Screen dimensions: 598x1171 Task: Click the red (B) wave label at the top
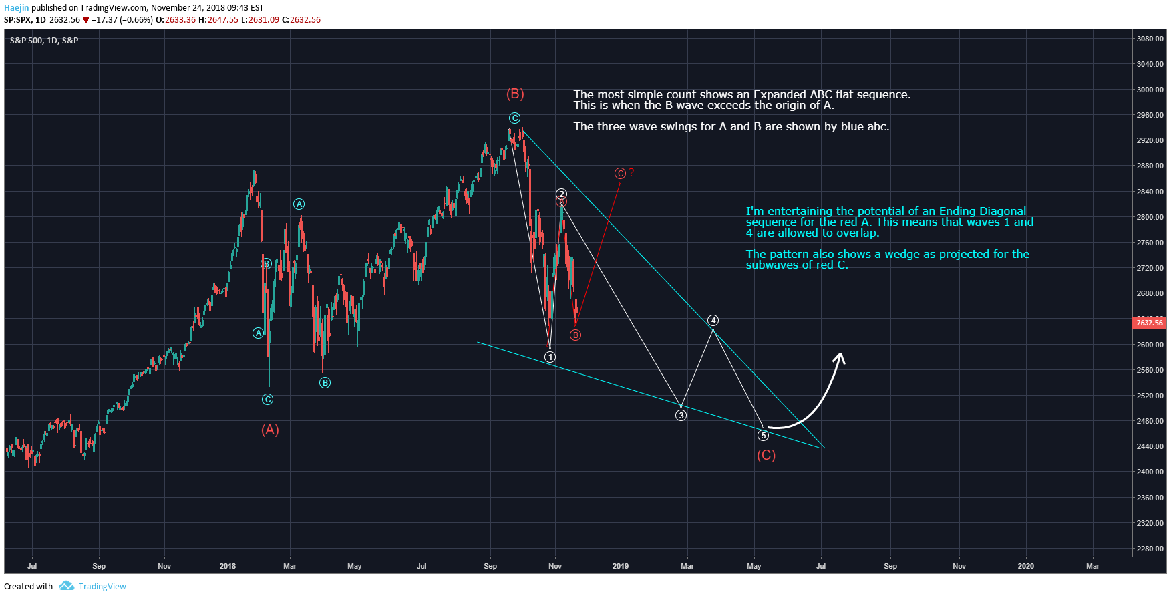pyautogui.click(x=515, y=94)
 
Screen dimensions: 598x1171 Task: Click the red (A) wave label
pyautogui.click(x=270, y=430)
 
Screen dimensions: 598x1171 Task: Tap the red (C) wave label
pyautogui.click(x=766, y=456)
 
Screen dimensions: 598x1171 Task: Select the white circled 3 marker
pyautogui.click(x=681, y=416)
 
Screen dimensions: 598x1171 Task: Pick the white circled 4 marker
pyautogui.click(x=713, y=321)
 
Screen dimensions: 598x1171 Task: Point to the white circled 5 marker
pyautogui.click(x=763, y=436)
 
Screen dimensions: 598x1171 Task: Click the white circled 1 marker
pyautogui.click(x=550, y=357)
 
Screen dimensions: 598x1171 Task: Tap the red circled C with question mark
pyautogui.click(x=623, y=174)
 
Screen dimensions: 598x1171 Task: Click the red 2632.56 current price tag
pyautogui.click(x=1149, y=323)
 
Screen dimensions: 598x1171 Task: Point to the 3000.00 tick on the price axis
pyautogui.click(x=1150, y=90)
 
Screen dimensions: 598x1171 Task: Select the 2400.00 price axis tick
pyautogui.click(x=1150, y=472)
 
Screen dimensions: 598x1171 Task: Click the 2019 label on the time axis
pyautogui.click(x=620, y=566)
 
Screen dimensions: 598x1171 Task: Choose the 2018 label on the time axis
pyautogui.click(x=228, y=566)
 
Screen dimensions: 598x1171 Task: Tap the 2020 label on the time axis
pyautogui.click(x=1025, y=566)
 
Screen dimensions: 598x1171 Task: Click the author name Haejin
pyautogui.click(x=17, y=8)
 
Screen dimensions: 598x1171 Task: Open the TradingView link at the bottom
pyautogui.click(x=102, y=586)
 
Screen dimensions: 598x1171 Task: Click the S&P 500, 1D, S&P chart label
pyautogui.click(x=44, y=41)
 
